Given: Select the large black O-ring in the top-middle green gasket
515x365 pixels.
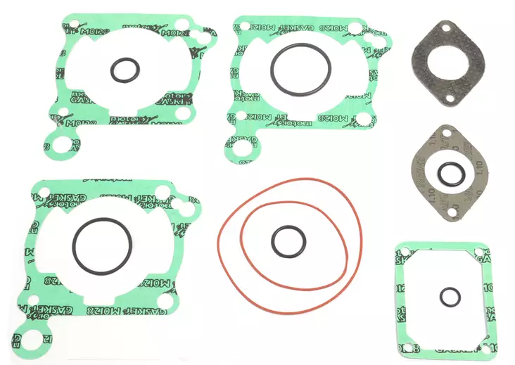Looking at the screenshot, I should [272, 68].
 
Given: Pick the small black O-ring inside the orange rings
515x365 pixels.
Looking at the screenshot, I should [273, 241].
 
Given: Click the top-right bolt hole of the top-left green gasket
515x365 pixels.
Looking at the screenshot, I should [181, 25].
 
